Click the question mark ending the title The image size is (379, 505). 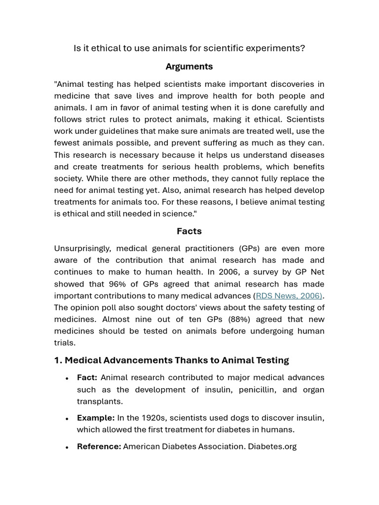click(303, 48)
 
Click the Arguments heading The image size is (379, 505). click(189, 67)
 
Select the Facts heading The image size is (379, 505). click(189, 231)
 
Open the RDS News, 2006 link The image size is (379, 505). click(289, 296)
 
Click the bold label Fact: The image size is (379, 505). click(87, 378)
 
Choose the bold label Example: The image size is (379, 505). click(96, 418)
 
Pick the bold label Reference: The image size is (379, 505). click(99, 447)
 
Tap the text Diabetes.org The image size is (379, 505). click(272, 447)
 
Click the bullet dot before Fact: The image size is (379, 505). click(67, 378)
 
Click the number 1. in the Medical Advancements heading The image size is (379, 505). click(58, 361)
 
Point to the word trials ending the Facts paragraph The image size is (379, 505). click(64, 343)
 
